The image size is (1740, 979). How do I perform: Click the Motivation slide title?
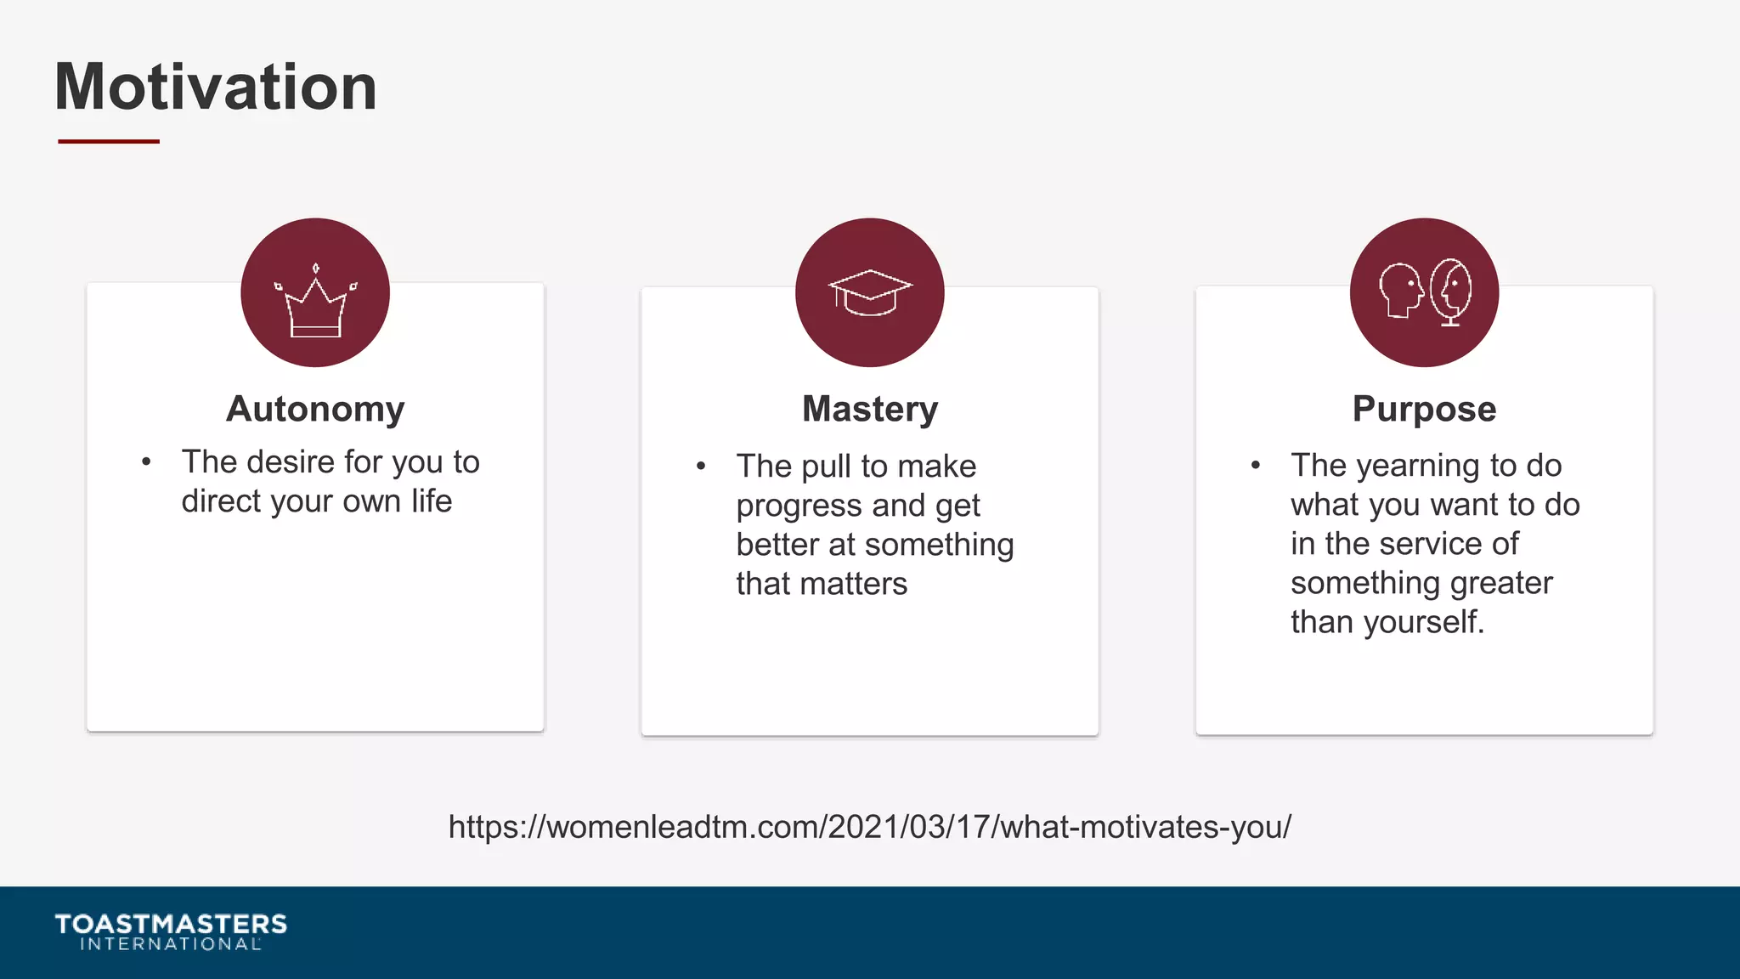(x=216, y=87)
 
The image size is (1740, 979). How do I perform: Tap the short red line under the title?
(x=109, y=141)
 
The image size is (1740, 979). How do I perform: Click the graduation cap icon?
(x=870, y=292)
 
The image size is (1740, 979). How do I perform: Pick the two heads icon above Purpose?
(x=1424, y=292)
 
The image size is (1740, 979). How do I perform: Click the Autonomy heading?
(x=315, y=409)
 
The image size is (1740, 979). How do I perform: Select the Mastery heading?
(x=870, y=409)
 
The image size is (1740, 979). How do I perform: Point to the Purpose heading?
(x=1424, y=409)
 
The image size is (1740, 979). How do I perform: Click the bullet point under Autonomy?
(x=146, y=462)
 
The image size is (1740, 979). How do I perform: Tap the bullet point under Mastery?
(x=701, y=466)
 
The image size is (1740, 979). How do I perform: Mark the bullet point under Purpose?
(x=1256, y=465)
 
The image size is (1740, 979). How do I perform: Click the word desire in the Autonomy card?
(x=291, y=462)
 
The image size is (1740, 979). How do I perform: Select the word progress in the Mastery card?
(x=799, y=506)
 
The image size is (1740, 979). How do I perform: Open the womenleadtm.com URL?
(x=870, y=827)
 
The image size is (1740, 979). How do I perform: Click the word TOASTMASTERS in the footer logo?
(x=171, y=924)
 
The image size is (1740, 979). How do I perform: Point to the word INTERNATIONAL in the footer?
(x=171, y=944)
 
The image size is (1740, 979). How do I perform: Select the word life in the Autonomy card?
(x=431, y=501)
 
